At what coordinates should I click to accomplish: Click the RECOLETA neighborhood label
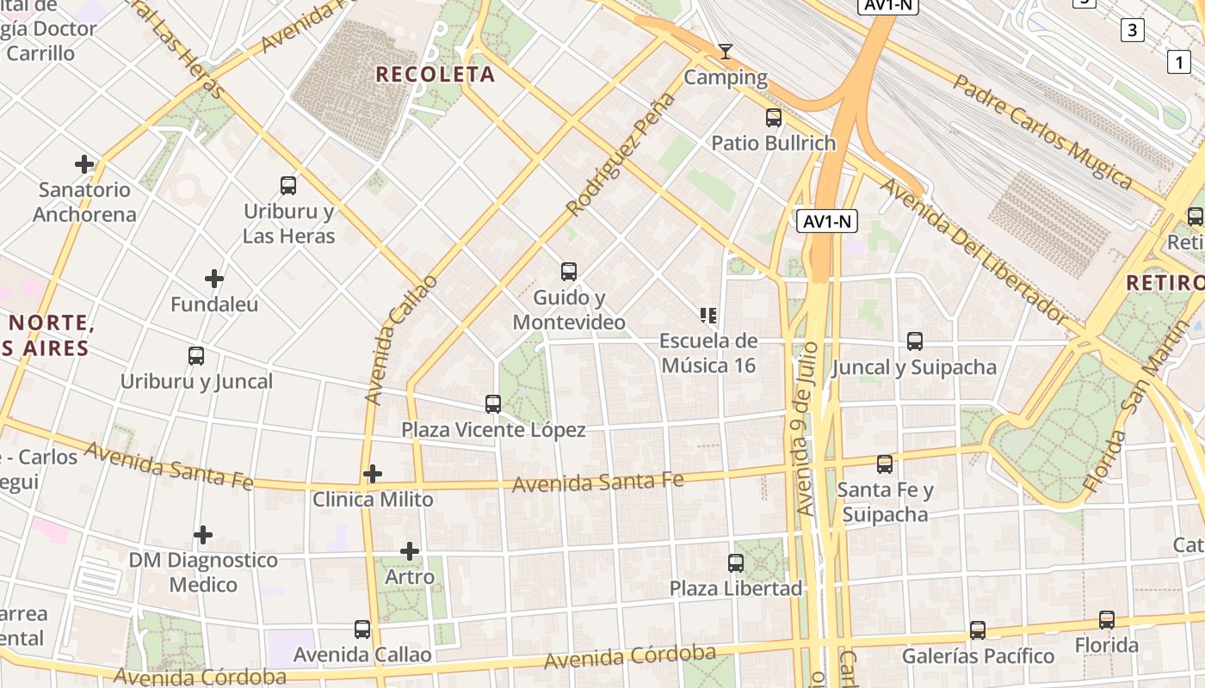pos(436,74)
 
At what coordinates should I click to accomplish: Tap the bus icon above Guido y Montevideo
pos(569,272)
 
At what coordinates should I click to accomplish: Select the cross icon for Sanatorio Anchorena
pos(84,163)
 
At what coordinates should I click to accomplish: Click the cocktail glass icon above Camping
pos(726,52)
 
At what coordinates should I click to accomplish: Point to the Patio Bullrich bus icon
pos(774,118)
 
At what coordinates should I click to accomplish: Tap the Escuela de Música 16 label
pos(708,353)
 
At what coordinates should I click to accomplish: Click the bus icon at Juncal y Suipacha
pos(915,341)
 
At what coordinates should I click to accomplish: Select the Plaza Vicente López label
pos(493,429)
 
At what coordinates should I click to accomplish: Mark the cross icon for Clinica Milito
pos(373,474)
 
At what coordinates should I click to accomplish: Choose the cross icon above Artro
pos(410,550)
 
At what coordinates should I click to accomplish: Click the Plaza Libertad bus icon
pos(736,563)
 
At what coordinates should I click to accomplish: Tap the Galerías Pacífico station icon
pos(978,630)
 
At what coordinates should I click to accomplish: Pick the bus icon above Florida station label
pos(1107,619)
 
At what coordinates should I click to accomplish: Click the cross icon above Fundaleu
pos(214,279)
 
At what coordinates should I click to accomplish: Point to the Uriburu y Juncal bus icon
pos(196,355)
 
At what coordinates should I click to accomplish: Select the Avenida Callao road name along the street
pos(401,340)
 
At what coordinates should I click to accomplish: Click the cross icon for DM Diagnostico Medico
pos(203,535)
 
